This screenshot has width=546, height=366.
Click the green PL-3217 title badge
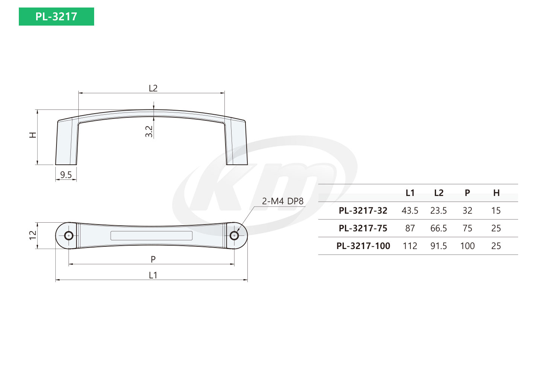tap(56, 17)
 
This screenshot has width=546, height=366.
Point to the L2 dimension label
tap(153, 88)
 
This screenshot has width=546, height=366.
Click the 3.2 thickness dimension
tap(149, 132)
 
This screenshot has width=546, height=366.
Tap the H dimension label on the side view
tap(32, 135)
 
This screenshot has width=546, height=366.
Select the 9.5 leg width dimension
tap(66, 175)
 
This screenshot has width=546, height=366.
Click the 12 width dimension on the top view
tap(33, 235)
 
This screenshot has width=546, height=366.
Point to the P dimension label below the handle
tap(153, 260)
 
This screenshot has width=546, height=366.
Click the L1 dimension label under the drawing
tap(153, 275)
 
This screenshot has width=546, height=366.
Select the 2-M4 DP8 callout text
tap(283, 201)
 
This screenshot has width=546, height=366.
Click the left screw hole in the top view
tap(69, 236)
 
